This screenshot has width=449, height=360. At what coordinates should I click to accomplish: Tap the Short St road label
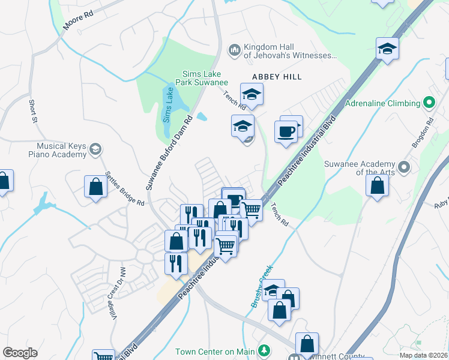(x=33, y=112)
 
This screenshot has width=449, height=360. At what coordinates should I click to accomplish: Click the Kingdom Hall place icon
(x=235, y=49)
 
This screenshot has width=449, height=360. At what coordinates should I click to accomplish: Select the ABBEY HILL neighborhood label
(x=277, y=77)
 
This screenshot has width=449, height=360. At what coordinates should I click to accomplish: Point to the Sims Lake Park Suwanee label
(x=202, y=78)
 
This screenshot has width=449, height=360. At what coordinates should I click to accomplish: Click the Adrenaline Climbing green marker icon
(x=429, y=103)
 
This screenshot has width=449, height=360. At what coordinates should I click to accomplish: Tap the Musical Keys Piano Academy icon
(x=95, y=149)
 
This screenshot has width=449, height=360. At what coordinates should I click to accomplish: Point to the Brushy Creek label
(x=262, y=286)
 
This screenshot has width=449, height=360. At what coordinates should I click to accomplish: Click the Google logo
(x=20, y=352)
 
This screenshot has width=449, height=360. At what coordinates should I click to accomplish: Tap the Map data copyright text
(x=424, y=355)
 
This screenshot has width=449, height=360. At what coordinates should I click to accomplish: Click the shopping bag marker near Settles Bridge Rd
(x=95, y=187)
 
